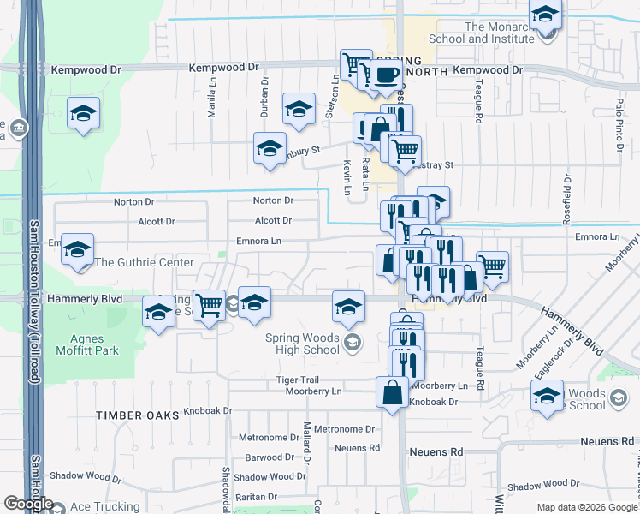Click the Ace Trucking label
(x=104, y=506)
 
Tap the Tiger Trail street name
(x=297, y=380)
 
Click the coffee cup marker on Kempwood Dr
(x=386, y=75)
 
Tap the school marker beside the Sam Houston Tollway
(x=83, y=114)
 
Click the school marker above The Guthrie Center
(x=77, y=249)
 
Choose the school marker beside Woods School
(x=546, y=396)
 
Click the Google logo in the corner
(x=28, y=504)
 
